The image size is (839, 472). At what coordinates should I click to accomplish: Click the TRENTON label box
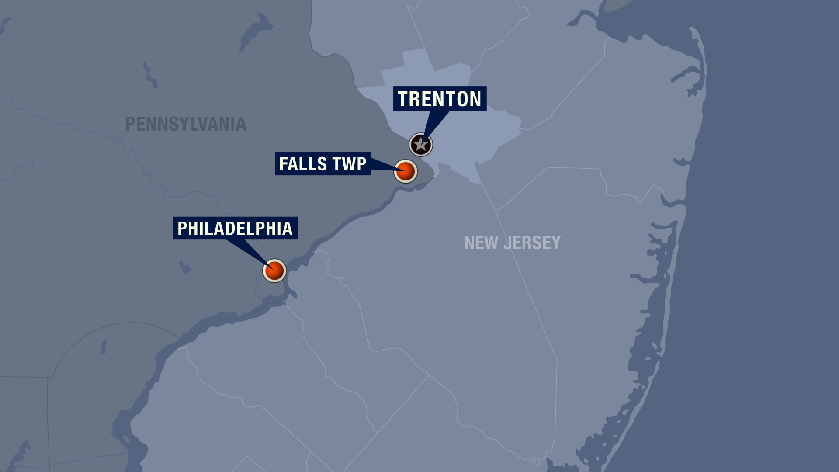click(440, 99)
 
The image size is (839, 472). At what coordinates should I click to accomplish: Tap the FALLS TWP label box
click(322, 164)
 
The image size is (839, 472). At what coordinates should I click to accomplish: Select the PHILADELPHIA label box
click(235, 228)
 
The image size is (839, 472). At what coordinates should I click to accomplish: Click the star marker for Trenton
click(421, 145)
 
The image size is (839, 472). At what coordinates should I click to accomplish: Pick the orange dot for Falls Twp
click(406, 171)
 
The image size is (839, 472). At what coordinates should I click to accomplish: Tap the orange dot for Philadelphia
click(274, 271)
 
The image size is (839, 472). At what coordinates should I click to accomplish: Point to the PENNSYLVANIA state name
click(186, 124)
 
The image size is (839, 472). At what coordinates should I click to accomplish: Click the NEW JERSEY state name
click(512, 243)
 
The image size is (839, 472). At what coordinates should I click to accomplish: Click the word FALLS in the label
click(303, 164)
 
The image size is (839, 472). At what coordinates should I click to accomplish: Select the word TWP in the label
click(349, 164)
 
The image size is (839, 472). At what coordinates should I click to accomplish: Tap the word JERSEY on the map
click(532, 243)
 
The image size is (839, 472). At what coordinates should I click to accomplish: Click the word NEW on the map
click(481, 243)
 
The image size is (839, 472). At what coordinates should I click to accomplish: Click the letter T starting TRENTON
click(402, 99)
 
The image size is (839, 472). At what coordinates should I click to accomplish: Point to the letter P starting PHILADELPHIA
click(182, 228)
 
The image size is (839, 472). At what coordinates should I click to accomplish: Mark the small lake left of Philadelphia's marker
click(185, 267)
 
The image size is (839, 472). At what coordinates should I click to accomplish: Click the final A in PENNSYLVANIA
click(240, 124)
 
